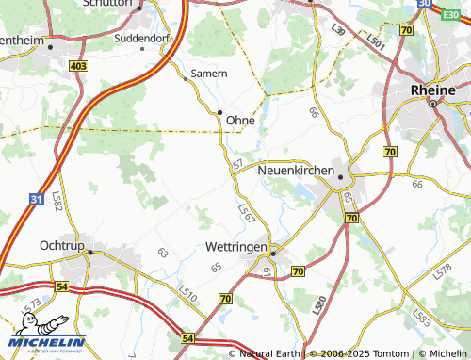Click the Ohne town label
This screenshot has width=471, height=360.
pyautogui.click(x=240, y=121)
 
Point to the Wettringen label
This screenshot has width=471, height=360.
pyautogui.click(x=235, y=247)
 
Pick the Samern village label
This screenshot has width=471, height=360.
pyautogui.click(x=209, y=74)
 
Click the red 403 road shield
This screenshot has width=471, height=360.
pyautogui.click(x=79, y=66)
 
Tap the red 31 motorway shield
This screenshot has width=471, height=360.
pyautogui.click(x=36, y=200)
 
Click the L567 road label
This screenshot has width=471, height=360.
pyautogui.click(x=247, y=214)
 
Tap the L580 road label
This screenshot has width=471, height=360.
pyautogui.click(x=319, y=304)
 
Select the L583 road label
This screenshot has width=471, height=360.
pyautogui.click(x=420, y=320)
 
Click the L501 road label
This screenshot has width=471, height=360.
pyautogui.click(x=376, y=42)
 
